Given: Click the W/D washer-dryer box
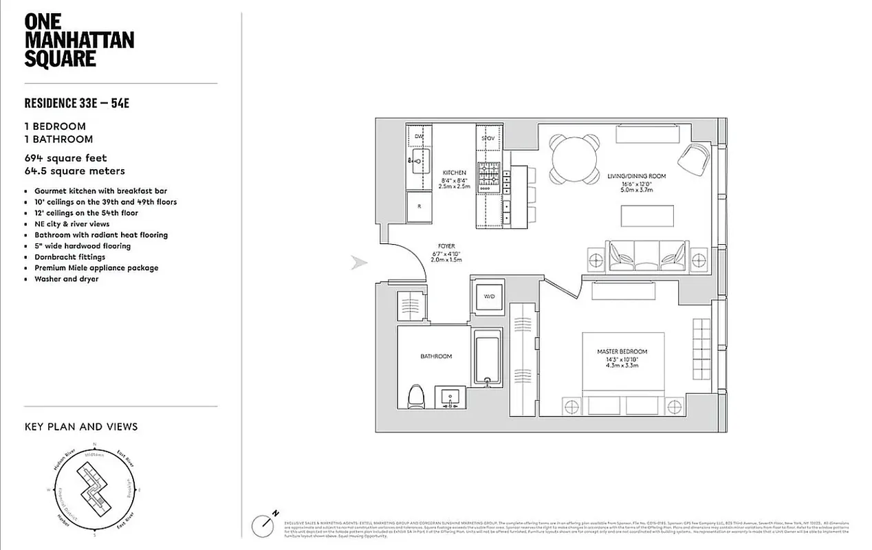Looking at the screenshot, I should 488,296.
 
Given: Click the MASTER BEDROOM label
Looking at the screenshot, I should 622,352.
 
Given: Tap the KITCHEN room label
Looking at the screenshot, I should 455,173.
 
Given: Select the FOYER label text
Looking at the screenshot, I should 446,246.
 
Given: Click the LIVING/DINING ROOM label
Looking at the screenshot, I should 636,176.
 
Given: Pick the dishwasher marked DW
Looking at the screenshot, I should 418,137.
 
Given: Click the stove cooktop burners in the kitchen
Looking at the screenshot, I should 489,175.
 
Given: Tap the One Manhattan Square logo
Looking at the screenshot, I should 78,40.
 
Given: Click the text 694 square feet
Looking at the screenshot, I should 65,158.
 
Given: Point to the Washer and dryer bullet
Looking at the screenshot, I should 66,279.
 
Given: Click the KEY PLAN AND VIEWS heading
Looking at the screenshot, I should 80,427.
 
